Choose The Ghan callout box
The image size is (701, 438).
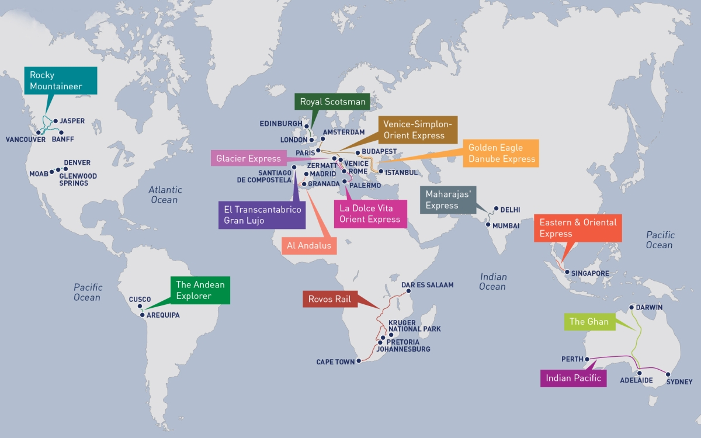[x=589, y=322]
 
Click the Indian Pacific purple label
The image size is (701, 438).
[x=573, y=378]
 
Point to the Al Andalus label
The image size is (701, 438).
[x=309, y=245]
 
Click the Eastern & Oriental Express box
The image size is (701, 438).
[x=578, y=228]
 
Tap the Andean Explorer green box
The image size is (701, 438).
[x=200, y=290]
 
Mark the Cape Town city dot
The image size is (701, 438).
[x=359, y=362]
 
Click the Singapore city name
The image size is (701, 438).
[x=590, y=273]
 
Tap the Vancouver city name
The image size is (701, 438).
[x=25, y=140]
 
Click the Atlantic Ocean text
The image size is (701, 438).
[x=165, y=195]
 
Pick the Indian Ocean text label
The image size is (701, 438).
[x=493, y=281]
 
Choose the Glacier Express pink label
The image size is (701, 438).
[x=248, y=158]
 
